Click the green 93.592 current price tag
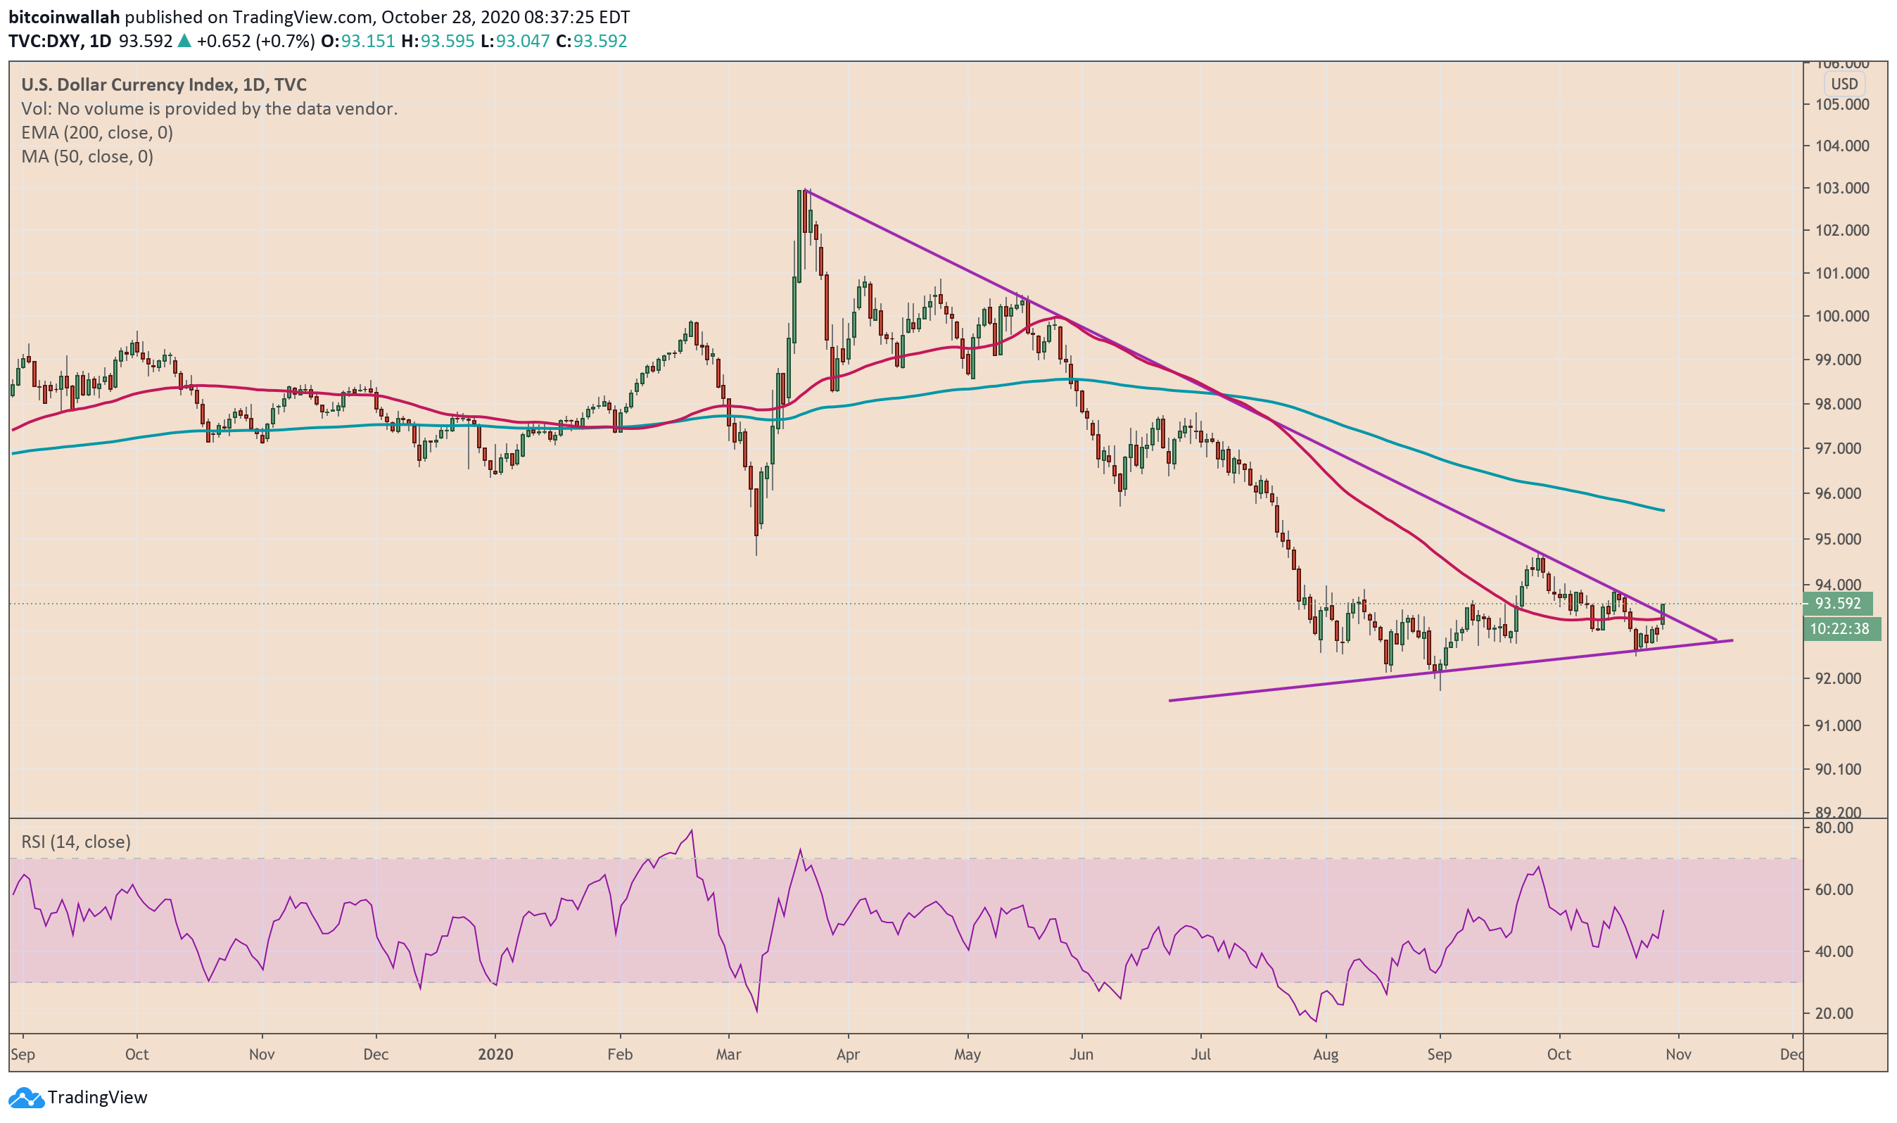(1838, 604)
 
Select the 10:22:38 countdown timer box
(1839, 629)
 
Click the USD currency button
(1844, 84)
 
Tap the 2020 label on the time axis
(495, 1055)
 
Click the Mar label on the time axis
(729, 1055)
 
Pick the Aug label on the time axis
(1326, 1055)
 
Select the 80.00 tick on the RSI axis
(1834, 828)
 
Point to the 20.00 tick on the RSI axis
(1834, 1014)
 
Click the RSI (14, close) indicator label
(76, 842)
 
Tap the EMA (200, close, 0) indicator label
(97, 133)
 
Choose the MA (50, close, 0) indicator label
(87, 158)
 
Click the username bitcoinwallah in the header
(64, 17)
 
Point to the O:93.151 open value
(358, 42)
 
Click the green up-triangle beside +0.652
(184, 42)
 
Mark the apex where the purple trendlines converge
(1718, 641)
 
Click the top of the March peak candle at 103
(801, 191)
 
